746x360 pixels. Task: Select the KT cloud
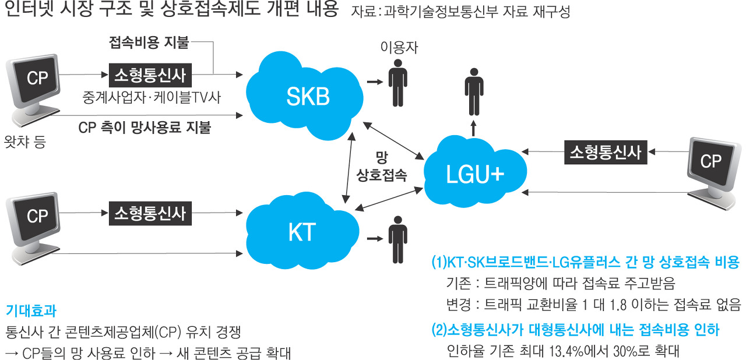(301, 231)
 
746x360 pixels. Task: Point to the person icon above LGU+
(474, 90)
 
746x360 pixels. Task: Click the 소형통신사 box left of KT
(150, 214)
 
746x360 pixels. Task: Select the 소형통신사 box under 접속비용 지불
(150, 75)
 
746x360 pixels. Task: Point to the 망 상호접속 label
(382, 165)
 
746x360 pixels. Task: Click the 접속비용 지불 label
(149, 43)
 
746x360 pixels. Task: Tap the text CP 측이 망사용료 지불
(144, 128)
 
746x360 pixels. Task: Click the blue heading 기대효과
(30, 310)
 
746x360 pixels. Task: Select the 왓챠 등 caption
(24, 142)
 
